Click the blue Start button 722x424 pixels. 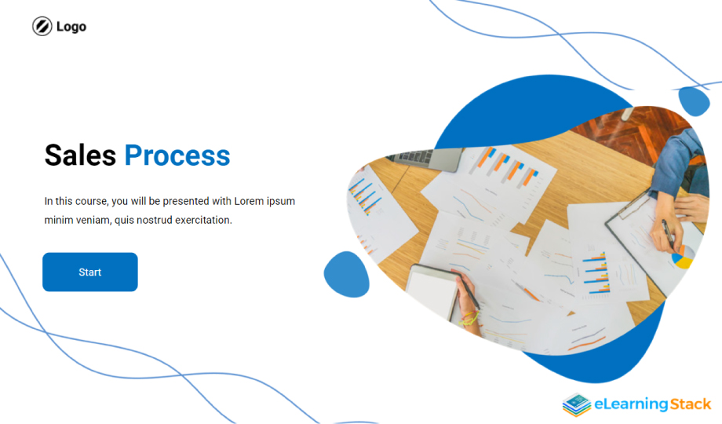coord(89,272)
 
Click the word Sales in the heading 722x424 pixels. coord(80,155)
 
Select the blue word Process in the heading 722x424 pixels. coord(177,155)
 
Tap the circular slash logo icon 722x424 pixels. coord(42,26)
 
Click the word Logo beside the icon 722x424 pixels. coord(71,27)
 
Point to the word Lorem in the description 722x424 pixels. coord(249,201)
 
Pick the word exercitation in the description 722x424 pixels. coord(203,221)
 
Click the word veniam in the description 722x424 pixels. coord(93,221)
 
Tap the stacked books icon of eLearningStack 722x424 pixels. coord(577,404)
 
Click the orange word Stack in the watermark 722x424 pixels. coord(691,404)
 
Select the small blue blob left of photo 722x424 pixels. coord(347,274)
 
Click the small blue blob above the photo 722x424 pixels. coord(694,101)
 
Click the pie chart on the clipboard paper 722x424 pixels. coord(683,258)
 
